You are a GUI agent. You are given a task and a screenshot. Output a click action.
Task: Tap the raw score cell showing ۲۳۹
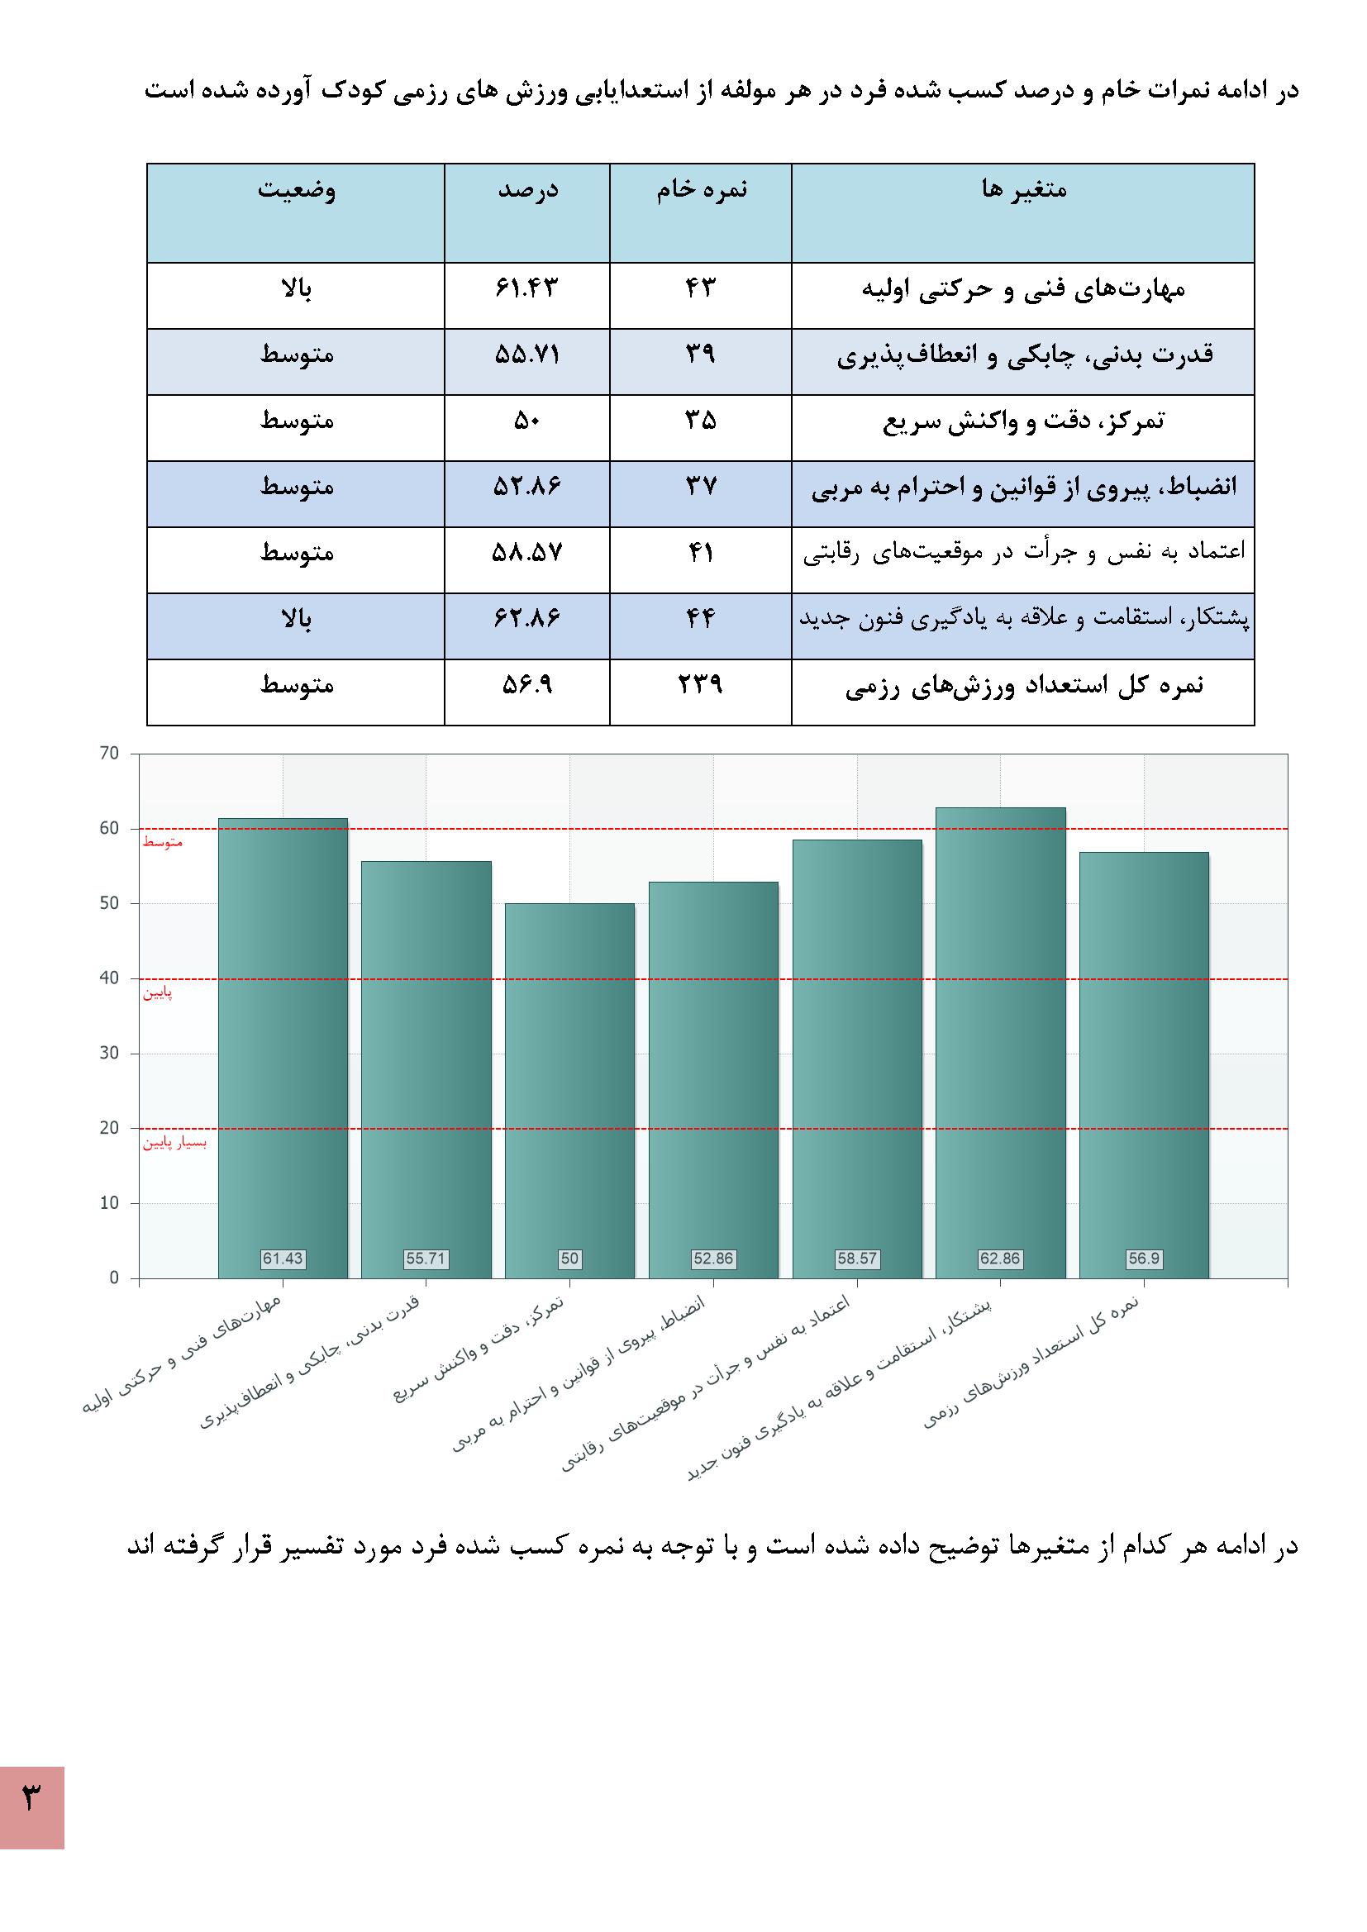point(700,685)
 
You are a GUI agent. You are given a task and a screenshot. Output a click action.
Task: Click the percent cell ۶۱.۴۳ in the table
point(527,288)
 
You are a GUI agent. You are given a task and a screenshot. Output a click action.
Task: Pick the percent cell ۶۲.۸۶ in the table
point(527,619)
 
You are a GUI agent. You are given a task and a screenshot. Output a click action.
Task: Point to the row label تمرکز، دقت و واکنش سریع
point(1022,421)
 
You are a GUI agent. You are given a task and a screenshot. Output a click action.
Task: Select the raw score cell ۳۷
point(700,487)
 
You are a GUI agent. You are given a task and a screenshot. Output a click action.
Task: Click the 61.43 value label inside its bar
point(283,1259)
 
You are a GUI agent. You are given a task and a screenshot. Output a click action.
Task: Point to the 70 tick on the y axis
point(109,753)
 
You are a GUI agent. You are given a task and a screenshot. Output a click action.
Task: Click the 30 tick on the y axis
point(109,1053)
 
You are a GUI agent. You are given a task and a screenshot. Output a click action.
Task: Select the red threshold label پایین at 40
point(157,994)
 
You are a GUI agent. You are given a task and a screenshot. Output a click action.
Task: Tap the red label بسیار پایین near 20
point(174,1144)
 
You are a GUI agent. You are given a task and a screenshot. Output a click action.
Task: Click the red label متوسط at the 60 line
point(163,842)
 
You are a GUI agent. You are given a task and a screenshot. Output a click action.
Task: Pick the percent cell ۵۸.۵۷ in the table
point(527,553)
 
